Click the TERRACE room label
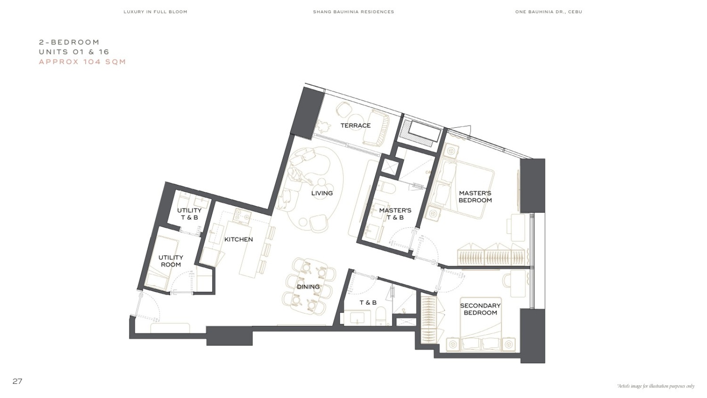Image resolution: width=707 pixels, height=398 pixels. [355, 126]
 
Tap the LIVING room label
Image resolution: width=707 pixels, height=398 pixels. [322, 193]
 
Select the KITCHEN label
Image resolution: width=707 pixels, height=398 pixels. [239, 239]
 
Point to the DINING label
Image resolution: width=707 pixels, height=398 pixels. [308, 287]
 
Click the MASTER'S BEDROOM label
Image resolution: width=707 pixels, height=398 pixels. [475, 196]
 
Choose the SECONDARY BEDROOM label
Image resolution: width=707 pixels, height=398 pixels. [480, 309]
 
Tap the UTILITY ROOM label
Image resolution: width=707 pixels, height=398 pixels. [171, 261]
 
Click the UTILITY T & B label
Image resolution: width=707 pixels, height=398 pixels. [189, 214]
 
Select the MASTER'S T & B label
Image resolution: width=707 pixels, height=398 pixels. [395, 214]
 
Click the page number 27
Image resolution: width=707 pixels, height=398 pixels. [17, 381]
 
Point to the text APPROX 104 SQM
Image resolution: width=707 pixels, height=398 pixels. [82, 61]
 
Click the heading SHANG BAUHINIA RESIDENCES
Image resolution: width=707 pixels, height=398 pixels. [353, 12]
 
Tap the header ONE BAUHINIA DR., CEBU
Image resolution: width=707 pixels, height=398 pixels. [548, 12]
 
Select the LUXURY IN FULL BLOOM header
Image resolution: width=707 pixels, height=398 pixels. [155, 12]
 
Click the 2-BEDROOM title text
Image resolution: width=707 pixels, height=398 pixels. [69, 42]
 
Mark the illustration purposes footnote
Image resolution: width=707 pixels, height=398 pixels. [656, 386]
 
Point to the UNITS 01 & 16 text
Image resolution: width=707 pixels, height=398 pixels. [74, 52]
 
